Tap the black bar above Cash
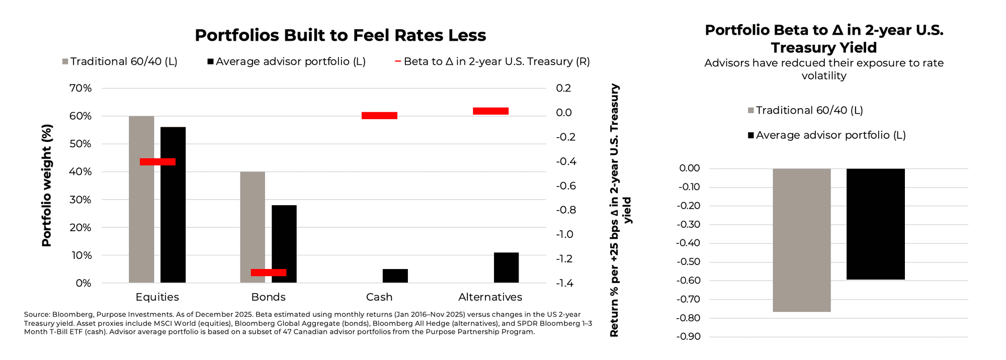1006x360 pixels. [395, 276]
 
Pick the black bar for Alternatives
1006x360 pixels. [506, 267]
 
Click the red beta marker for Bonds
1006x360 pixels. [269, 273]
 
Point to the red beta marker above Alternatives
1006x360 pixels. [490, 111]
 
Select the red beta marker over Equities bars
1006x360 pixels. [157, 162]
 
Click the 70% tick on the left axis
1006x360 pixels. [80, 88]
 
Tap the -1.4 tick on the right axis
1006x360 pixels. [564, 283]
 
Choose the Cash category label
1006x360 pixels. [379, 297]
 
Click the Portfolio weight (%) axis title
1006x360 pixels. [46, 186]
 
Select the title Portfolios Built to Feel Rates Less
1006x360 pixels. [340, 35]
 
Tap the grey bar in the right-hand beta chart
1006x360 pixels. [801, 240]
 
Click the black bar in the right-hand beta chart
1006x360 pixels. [875, 224]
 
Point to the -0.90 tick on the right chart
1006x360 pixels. [689, 336]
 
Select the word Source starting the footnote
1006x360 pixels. [36, 314]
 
